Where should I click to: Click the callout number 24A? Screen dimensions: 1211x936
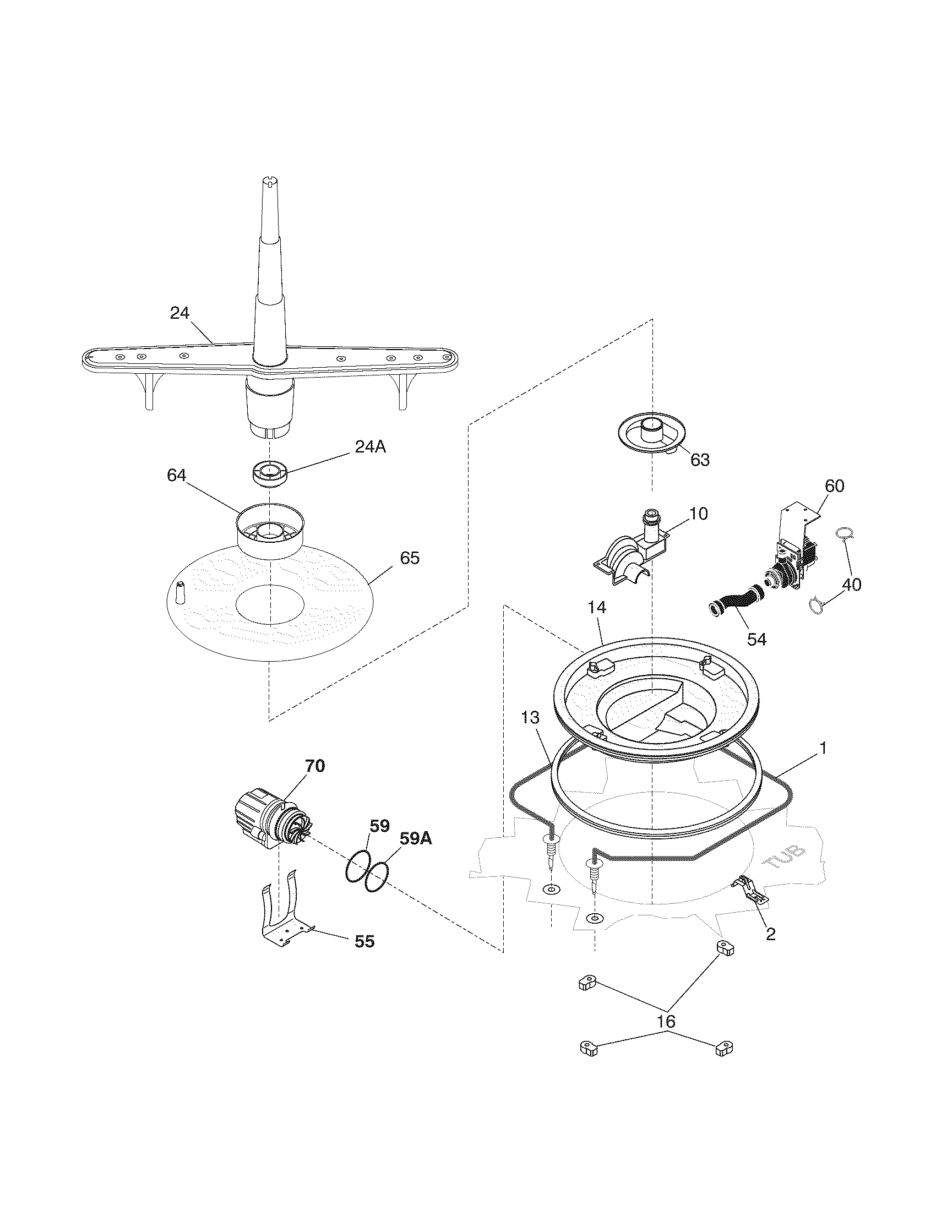point(370,446)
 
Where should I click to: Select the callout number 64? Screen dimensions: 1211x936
point(177,475)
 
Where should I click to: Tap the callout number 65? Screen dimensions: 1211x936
point(410,558)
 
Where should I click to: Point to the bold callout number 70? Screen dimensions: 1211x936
point(314,766)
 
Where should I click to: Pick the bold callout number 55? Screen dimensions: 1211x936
point(364,941)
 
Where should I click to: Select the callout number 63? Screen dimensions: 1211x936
point(700,460)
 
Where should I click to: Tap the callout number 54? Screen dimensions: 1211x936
point(757,639)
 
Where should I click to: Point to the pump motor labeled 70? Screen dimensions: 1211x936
point(266,827)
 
